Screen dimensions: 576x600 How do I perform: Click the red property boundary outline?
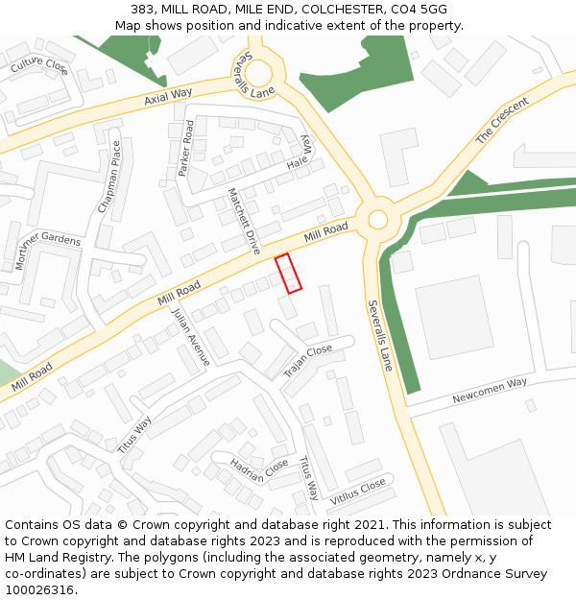(x=288, y=273)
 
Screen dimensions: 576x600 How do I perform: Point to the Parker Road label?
(x=186, y=148)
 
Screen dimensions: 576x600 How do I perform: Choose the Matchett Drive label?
(x=244, y=220)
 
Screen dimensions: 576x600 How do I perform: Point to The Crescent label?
(x=502, y=121)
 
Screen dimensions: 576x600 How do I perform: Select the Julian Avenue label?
(x=190, y=337)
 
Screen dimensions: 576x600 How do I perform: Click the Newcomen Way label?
(x=490, y=389)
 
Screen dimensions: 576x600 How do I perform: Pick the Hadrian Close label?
(x=259, y=469)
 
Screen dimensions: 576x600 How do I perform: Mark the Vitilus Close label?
(x=358, y=491)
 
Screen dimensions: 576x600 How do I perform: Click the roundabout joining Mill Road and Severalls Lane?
(x=377, y=220)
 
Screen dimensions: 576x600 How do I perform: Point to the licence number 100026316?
(x=39, y=589)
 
